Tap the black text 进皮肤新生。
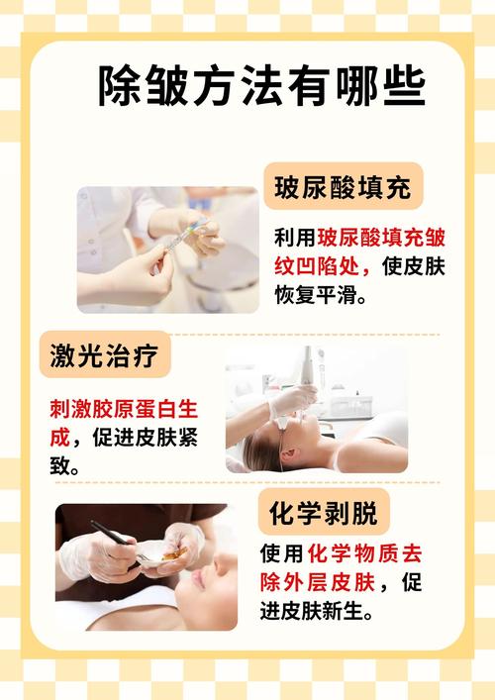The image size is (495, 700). pyautogui.click(x=317, y=610)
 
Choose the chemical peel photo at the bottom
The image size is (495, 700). pyautogui.click(x=147, y=566)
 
